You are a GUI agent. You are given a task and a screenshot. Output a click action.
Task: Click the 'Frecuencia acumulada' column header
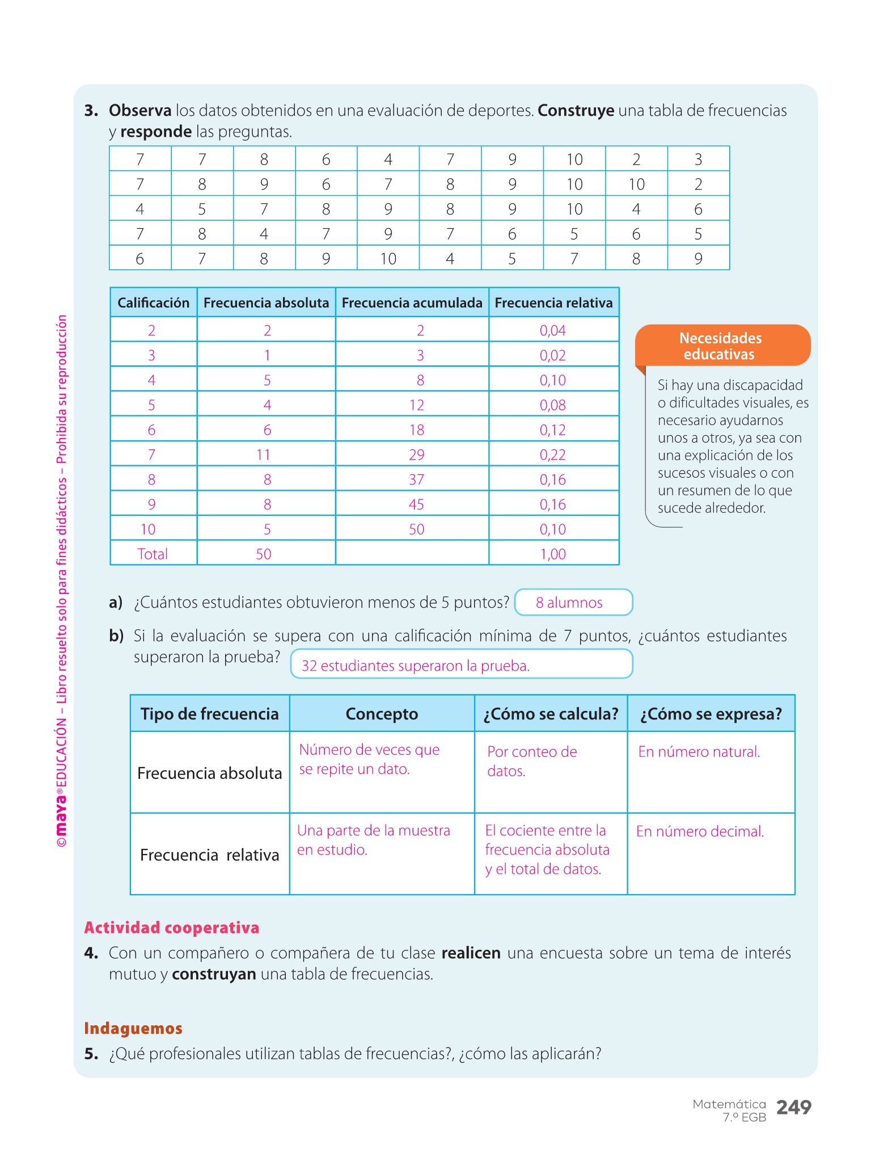412,303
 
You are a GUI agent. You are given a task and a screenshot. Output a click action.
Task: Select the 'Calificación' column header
153,303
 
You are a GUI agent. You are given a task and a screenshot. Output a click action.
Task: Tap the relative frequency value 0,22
552,454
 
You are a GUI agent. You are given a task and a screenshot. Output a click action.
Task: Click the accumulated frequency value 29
416,454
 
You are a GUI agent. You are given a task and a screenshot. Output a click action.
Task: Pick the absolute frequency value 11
263,454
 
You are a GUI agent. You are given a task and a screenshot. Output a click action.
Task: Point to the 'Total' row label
153,554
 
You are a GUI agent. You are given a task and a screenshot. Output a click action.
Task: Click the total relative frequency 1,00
552,554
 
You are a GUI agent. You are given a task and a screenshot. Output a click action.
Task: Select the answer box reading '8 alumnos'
573,603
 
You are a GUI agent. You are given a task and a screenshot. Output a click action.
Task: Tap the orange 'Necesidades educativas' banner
721,346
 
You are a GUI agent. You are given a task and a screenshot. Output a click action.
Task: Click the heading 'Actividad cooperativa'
172,928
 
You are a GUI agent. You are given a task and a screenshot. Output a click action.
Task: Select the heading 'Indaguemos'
133,1028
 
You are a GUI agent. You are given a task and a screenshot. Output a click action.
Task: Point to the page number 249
793,1108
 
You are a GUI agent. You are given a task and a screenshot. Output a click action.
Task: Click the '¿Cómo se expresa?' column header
711,714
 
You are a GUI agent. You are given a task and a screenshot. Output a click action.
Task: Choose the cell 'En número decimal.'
700,832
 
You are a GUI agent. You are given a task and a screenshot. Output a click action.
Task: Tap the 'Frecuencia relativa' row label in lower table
209,855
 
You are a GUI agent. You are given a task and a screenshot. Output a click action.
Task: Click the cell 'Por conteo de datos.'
532,761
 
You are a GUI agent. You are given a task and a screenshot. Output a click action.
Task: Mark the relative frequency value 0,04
552,330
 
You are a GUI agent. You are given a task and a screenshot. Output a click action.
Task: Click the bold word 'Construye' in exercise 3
576,111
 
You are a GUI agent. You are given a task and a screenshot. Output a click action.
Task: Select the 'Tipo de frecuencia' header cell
209,714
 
